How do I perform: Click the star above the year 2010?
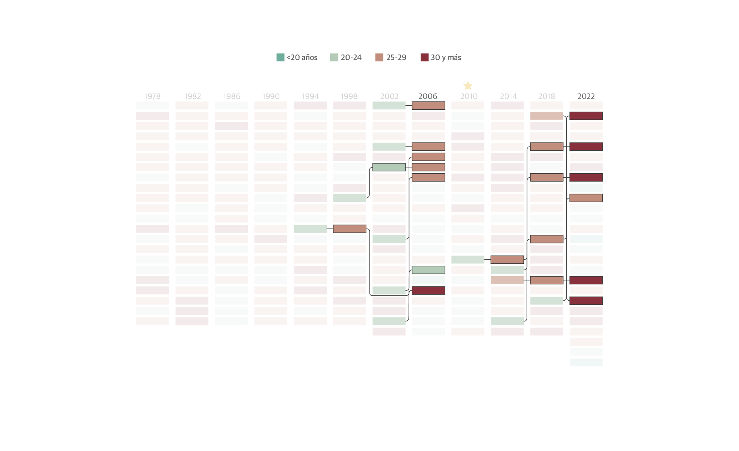tap(468, 86)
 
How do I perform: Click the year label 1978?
tap(152, 96)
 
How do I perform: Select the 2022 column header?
tap(586, 96)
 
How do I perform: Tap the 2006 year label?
tap(428, 96)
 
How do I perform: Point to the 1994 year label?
tap(310, 96)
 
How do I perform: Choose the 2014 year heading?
tap(508, 96)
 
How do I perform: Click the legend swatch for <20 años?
tap(280, 58)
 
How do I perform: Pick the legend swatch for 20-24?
tap(334, 58)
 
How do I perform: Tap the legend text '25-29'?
tap(396, 58)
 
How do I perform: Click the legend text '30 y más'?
tap(446, 58)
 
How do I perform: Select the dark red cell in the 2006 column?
tap(428, 291)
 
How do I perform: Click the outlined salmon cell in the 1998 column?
tap(349, 229)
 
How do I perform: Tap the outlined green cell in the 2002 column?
tap(389, 167)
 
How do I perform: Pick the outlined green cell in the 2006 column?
tap(428, 270)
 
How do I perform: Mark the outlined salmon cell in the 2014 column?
tap(507, 260)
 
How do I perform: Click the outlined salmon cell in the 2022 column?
tap(586, 198)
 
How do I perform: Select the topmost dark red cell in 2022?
tap(586, 116)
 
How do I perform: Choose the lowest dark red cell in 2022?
tap(586, 301)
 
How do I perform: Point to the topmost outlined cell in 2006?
tap(428, 106)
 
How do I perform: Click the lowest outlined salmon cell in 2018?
tap(546, 280)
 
